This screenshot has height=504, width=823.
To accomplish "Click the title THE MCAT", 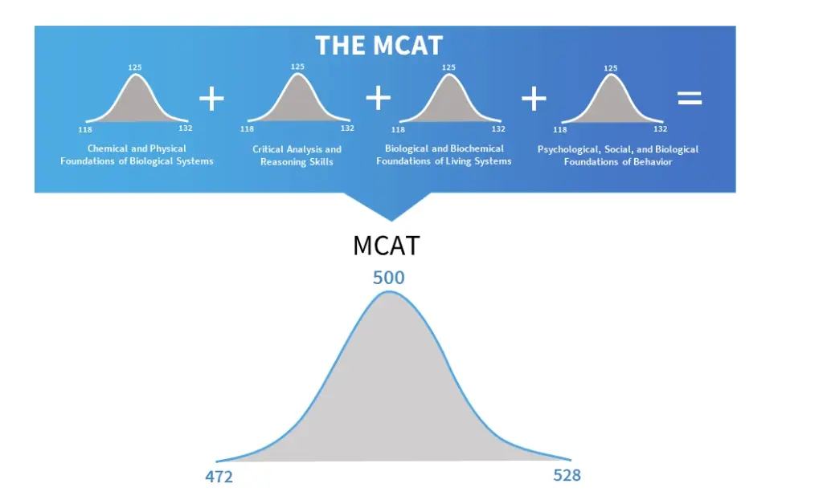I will tap(379, 45).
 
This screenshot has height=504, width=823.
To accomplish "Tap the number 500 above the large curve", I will tap(388, 278).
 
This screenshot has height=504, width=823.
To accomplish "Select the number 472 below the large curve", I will tap(219, 478).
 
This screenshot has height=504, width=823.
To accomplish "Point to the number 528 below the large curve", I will tap(567, 475).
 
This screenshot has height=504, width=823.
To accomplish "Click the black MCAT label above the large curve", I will tap(386, 246).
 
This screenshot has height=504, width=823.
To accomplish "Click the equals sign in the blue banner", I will tap(690, 99).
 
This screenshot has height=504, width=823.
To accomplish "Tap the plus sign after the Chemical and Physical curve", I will tap(211, 99).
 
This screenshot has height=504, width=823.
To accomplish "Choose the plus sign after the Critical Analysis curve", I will tap(378, 98).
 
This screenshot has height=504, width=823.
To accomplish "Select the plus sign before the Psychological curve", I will tap(534, 99).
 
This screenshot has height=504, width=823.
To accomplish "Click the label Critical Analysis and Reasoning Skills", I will tap(297, 156).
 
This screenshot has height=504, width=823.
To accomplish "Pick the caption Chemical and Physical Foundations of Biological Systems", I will tap(137, 155).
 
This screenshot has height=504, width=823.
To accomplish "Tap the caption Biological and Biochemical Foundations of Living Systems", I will tap(444, 155).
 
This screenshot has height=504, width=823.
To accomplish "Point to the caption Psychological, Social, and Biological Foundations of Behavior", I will tap(618, 156).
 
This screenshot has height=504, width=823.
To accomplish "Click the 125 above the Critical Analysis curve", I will tap(297, 67).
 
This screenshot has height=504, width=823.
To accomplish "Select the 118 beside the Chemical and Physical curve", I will tap(85, 128).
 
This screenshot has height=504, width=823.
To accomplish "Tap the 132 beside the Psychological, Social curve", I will tap(660, 128).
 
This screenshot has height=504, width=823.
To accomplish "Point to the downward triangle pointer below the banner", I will tap(391, 206).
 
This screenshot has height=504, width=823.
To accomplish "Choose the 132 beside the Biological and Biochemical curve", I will tap(498, 128).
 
